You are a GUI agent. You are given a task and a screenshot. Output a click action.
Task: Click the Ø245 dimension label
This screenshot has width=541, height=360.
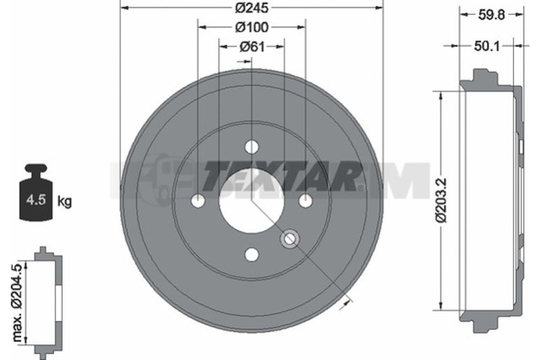[x=252, y=8]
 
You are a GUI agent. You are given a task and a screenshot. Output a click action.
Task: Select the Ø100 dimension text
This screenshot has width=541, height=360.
[x=252, y=27]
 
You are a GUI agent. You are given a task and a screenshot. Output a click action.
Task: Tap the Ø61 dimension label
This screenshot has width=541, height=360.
[x=252, y=47]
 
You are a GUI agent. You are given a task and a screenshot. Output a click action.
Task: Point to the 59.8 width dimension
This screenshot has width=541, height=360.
[x=492, y=15]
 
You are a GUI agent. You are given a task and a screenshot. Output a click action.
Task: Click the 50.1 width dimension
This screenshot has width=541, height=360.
[x=487, y=46]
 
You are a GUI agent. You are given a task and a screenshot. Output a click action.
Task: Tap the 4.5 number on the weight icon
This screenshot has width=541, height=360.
[x=37, y=200]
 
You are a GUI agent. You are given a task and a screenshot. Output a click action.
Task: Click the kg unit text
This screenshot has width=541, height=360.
[x=64, y=200]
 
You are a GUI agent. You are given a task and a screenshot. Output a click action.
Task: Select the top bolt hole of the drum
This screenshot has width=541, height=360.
[x=252, y=147]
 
